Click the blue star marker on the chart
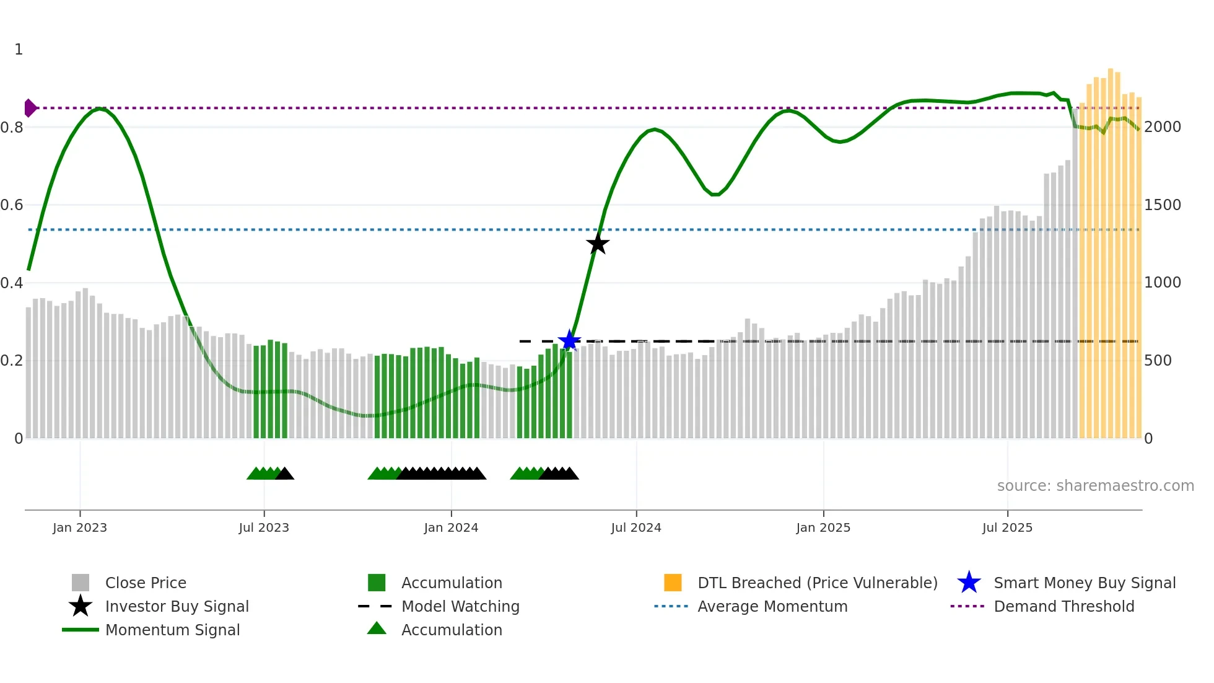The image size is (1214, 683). point(569,340)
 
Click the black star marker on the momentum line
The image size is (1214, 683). point(598,244)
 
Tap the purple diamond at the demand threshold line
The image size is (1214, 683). point(30,108)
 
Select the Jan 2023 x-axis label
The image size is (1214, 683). point(80,527)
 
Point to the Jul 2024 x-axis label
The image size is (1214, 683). point(636,527)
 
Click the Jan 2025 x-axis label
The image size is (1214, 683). point(823,527)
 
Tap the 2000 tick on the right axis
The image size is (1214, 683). point(1163,127)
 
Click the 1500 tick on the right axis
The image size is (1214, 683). point(1163,205)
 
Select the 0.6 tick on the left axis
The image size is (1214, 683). point(12,205)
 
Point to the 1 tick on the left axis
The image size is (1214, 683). point(19,50)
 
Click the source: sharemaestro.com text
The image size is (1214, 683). point(1095,486)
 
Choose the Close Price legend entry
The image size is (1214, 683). point(146,583)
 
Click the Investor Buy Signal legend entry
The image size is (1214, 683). point(177,606)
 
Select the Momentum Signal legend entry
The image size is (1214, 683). point(172,630)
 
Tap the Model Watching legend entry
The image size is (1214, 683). point(460,606)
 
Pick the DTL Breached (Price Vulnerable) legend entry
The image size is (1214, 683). point(817,583)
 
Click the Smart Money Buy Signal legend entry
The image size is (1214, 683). point(1085,583)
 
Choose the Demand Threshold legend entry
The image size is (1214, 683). point(1063,606)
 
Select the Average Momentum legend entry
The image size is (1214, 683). point(772,606)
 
